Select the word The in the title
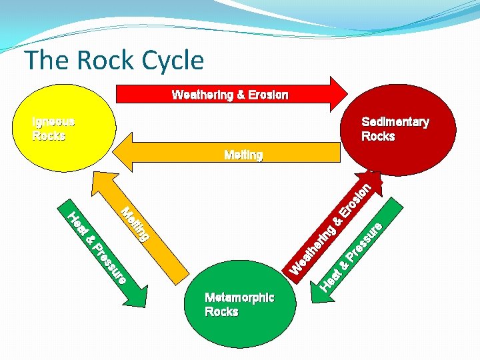[x=47, y=61]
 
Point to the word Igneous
[x=53, y=122]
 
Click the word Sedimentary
[x=395, y=122]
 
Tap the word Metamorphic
[x=239, y=298]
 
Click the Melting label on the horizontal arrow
[x=243, y=155]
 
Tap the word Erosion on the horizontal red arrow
[x=267, y=95]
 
